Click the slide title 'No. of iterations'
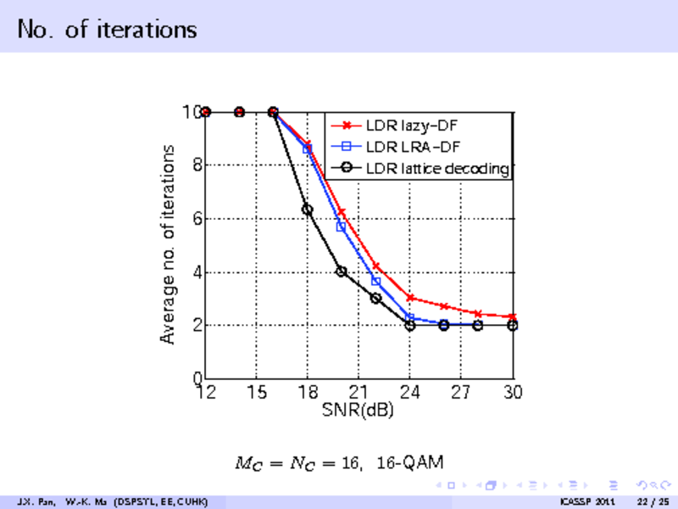(107, 29)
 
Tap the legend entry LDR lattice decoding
(436, 169)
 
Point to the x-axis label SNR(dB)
(358, 411)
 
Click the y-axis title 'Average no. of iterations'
(169, 243)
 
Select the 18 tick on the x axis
(308, 393)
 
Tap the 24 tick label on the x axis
(410, 393)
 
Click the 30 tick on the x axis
(512, 393)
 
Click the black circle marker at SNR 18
(308, 209)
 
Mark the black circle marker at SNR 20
(342, 271)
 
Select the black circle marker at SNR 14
(239, 111)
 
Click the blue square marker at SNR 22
(375, 281)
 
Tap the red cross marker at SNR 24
(410, 298)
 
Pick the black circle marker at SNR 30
(512, 325)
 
